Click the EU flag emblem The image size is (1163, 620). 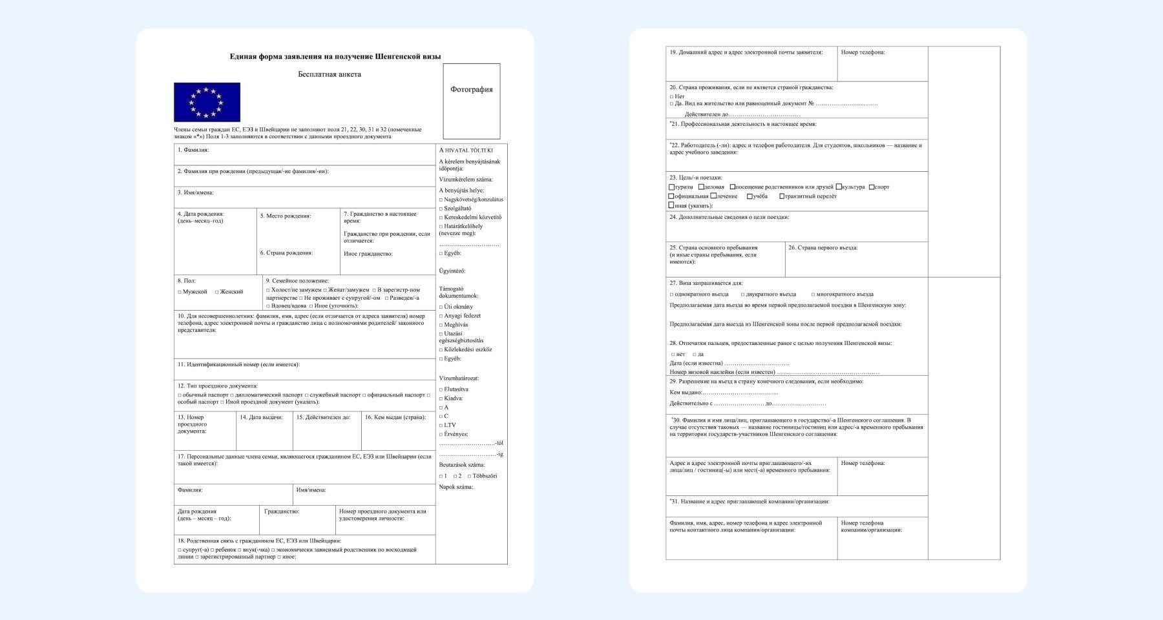pyautogui.click(x=207, y=102)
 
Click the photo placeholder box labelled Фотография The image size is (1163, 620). pyautogui.click(x=471, y=101)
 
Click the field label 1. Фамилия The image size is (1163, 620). pyautogui.click(x=193, y=150)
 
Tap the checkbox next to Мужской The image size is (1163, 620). pyautogui.click(x=180, y=292)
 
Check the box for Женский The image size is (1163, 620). pyautogui.click(x=217, y=292)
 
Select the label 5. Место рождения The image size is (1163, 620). pyautogui.click(x=285, y=216)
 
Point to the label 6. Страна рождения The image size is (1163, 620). pyautogui.click(x=286, y=253)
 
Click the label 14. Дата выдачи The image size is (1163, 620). pyautogui.click(x=261, y=417)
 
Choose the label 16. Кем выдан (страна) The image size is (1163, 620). pyautogui.click(x=395, y=417)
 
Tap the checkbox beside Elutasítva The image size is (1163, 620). pyautogui.click(x=441, y=390)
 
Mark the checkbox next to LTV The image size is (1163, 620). pyautogui.click(x=441, y=426)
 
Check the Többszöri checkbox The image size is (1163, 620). pyautogui.click(x=469, y=477)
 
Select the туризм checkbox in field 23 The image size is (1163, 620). pyautogui.click(x=671, y=187)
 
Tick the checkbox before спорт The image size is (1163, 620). pyautogui.click(x=871, y=187)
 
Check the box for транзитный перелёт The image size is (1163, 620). pyautogui.click(x=782, y=196)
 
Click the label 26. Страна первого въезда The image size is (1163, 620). pyautogui.click(x=822, y=248)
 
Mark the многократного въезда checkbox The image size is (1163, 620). pyautogui.click(x=813, y=294)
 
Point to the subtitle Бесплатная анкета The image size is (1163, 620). pyautogui.click(x=330, y=74)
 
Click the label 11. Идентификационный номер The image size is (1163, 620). pyautogui.click(x=238, y=365)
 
